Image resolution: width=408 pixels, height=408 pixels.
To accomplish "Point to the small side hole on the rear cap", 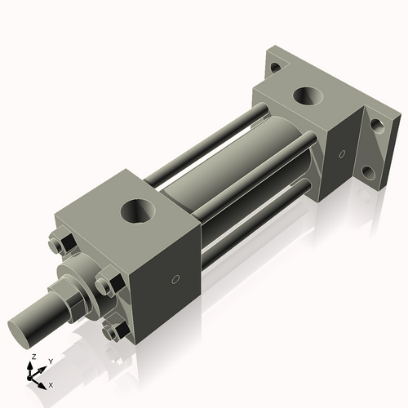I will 342,153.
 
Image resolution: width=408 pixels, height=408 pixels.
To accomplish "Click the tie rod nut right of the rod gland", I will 104,286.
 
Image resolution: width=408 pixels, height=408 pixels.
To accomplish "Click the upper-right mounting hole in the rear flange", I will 377,126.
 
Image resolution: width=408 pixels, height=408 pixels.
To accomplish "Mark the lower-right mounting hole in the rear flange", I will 370,173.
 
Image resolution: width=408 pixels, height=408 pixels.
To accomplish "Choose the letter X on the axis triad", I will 51,384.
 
